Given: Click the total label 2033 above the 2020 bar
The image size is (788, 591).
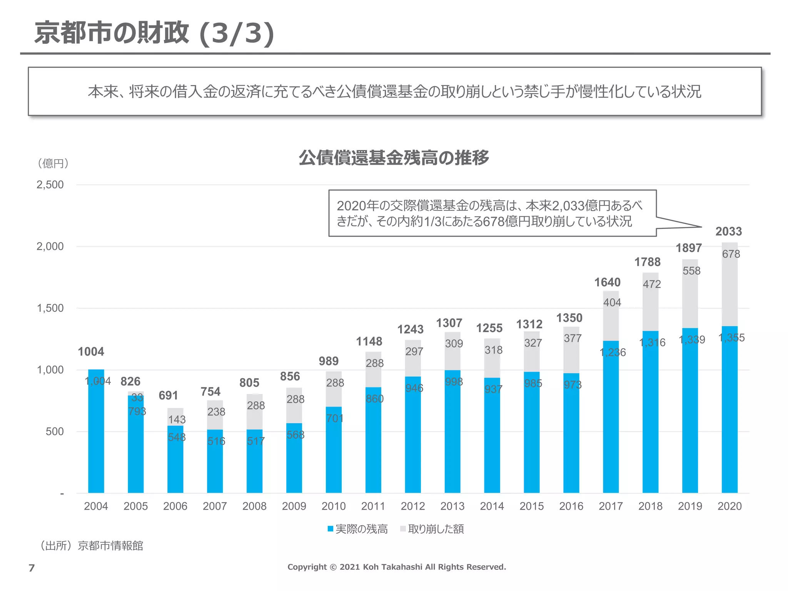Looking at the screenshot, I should [728, 231].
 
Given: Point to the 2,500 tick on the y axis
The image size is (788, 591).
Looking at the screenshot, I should [50, 185].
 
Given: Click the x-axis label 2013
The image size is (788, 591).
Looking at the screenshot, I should [452, 506].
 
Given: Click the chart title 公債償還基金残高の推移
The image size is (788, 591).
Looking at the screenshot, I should [394, 157].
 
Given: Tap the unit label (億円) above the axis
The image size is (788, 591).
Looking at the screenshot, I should [53, 164].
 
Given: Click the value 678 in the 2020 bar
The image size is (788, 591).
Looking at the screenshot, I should [731, 254].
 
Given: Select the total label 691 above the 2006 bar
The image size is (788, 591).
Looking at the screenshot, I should [168, 396].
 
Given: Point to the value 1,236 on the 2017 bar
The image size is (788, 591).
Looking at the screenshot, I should [613, 352].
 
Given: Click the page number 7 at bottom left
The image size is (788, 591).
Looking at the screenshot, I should [32, 568].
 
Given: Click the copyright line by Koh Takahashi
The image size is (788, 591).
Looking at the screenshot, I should [397, 567].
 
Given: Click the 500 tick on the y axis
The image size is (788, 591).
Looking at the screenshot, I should [55, 431].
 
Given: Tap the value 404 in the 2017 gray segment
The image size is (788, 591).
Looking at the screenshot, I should [612, 302].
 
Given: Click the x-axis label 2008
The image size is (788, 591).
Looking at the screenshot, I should [254, 506].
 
